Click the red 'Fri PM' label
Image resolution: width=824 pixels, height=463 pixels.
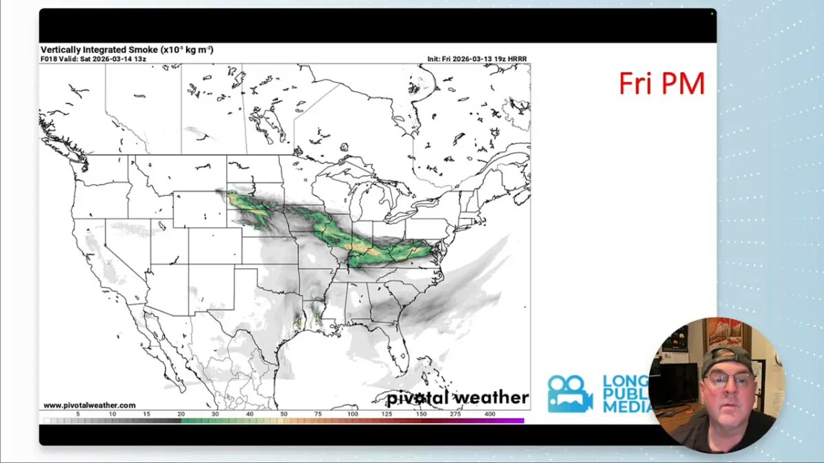pos(661,84)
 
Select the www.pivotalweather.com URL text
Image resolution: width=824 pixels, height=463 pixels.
pos(89,405)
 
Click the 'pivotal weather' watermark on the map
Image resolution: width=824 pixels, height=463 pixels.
pos(457,398)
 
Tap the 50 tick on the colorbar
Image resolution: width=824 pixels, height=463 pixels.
pos(284,414)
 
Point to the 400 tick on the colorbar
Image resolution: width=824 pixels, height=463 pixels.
pos(490,414)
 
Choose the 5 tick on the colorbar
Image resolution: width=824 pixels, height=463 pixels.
pos(78,414)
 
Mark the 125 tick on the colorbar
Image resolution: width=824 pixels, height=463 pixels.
pos(387,414)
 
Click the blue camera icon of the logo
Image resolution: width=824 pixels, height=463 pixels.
pos(569,394)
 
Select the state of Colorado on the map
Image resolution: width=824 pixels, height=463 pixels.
pos(215,246)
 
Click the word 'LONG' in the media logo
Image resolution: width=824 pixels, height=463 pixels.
pos(626,381)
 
